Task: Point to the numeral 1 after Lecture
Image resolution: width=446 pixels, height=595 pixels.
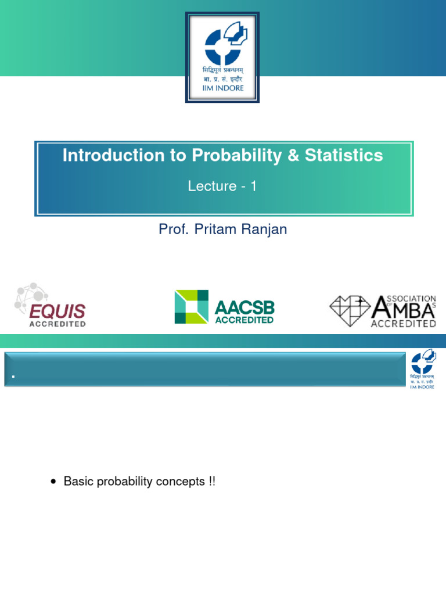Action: [x=253, y=187]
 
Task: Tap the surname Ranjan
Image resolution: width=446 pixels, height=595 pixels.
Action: [x=265, y=229]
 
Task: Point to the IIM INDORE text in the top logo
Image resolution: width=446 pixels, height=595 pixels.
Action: [x=222, y=88]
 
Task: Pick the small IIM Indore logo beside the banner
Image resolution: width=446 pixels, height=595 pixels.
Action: [x=423, y=368]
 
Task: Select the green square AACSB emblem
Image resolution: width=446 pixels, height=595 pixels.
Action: [x=191, y=307]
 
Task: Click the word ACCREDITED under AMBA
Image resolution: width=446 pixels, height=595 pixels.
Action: [x=404, y=322]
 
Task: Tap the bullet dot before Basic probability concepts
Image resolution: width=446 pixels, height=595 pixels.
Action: [x=54, y=482]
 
